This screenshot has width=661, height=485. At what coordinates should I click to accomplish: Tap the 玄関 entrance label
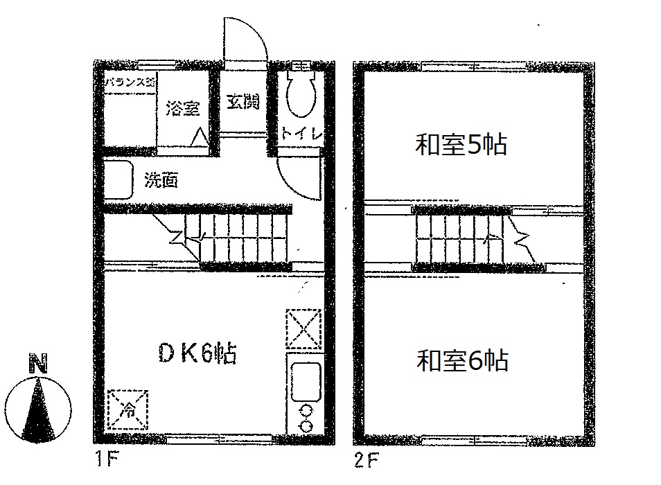243,102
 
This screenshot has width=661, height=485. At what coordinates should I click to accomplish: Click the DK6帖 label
197,353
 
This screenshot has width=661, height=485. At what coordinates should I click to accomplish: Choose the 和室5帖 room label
461,145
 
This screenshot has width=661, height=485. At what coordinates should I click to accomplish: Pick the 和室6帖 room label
462,361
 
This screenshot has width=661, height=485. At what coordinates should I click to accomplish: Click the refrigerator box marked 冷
128,409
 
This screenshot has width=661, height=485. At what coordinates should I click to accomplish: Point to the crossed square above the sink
303,326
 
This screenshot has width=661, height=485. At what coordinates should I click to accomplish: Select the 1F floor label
104,458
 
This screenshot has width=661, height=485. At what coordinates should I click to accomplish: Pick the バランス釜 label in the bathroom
130,82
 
